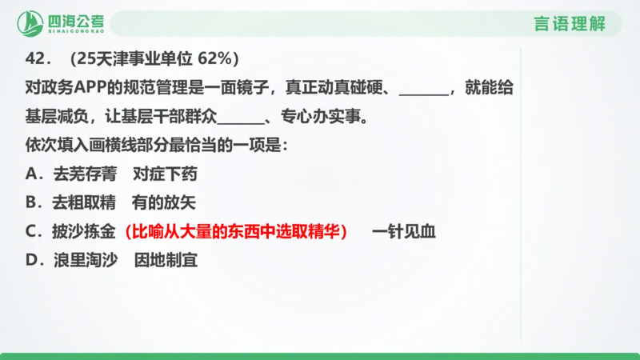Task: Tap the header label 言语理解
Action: click(569, 23)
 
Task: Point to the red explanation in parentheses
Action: click(237, 231)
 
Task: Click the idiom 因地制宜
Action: click(166, 260)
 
